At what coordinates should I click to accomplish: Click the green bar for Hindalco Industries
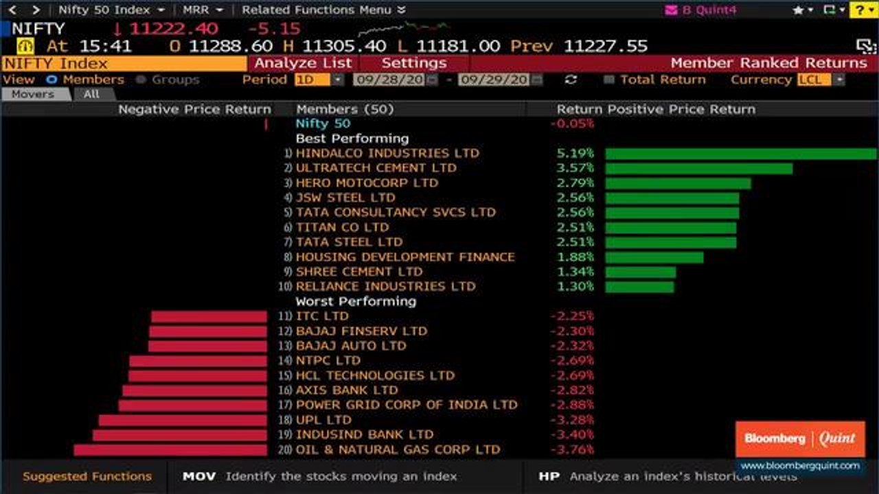coord(740,154)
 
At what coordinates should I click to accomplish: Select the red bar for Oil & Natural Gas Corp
coord(170,450)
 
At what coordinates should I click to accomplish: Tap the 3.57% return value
coord(575,168)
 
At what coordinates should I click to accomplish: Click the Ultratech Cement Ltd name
coord(376,168)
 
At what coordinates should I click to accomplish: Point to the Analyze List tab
coord(303,63)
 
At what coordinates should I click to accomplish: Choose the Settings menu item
coord(413,63)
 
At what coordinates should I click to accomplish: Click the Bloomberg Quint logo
coord(800,439)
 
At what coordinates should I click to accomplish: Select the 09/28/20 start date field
coord(389,80)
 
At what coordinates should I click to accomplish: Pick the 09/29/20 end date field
coord(494,80)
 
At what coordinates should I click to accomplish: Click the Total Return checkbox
coord(608,80)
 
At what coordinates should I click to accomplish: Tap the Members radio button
coord(51,80)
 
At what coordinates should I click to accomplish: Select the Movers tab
coord(33,94)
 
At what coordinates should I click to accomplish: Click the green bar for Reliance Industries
coord(639,287)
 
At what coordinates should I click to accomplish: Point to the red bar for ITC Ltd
coord(209,316)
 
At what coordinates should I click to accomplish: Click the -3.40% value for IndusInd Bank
coord(571,435)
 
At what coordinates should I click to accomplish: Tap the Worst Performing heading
coord(356,301)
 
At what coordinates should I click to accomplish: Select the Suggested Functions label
coord(87,476)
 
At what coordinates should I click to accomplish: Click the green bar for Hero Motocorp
coord(678,183)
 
